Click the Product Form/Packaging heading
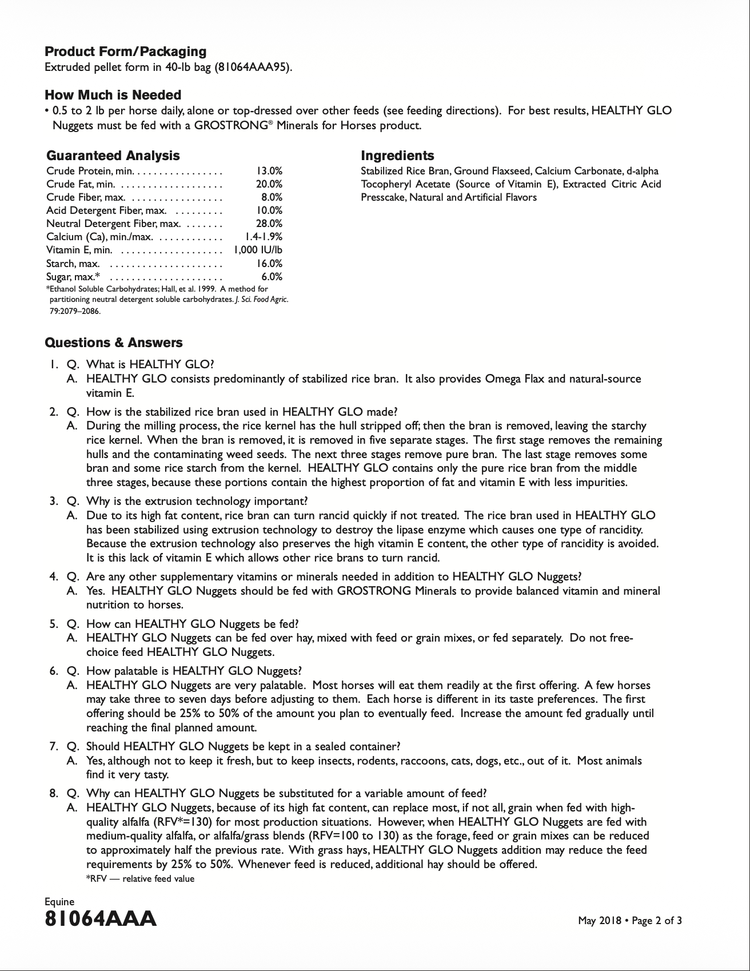(x=125, y=51)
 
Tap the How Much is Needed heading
(x=113, y=95)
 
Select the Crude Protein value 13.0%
(x=269, y=171)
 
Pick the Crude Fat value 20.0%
(x=269, y=184)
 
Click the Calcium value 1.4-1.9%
(x=263, y=237)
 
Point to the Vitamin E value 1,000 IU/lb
(x=258, y=250)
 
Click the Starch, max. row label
(x=73, y=264)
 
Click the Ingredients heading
(x=397, y=156)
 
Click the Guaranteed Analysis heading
(x=113, y=156)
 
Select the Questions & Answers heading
(x=114, y=343)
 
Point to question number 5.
(x=53, y=624)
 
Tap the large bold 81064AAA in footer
(x=100, y=919)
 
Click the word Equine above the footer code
(x=59, y=902)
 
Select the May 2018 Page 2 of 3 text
(x=629, y=921)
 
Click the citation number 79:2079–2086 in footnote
(x=74, y=312)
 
